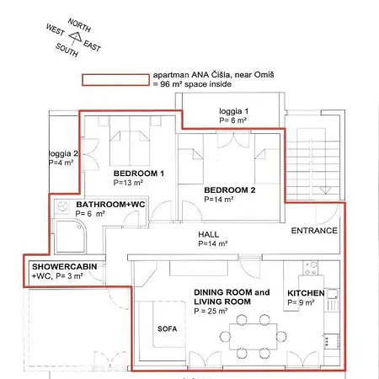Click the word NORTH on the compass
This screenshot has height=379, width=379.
click(79, 25)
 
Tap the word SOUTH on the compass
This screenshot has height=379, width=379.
click(67, 50)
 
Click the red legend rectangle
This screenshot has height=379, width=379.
click(115, 80)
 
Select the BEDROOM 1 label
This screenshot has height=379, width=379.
click(139, 173)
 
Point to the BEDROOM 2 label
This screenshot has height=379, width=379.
click(230, 190)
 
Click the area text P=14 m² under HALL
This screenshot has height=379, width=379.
click(213, 243)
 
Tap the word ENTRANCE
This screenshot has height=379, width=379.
click(314, 231)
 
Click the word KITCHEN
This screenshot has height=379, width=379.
click(306, 293)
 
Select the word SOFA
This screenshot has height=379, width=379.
click(167, 328)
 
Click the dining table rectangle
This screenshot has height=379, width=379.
click(254, 336)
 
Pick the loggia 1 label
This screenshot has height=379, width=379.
click(233, 111)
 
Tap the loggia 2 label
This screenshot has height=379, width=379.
click(63, 153)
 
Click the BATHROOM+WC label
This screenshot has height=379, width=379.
click(110, 204)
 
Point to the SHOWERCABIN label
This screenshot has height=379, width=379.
click(65, 266)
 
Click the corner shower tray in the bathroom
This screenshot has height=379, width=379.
click(71, 237)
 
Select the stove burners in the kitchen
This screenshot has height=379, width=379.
click(311, 268)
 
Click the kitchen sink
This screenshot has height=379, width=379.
click(332, 294)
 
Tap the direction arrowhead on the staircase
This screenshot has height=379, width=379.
click(325, 190)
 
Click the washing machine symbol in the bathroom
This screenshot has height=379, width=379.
click(62, 207)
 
